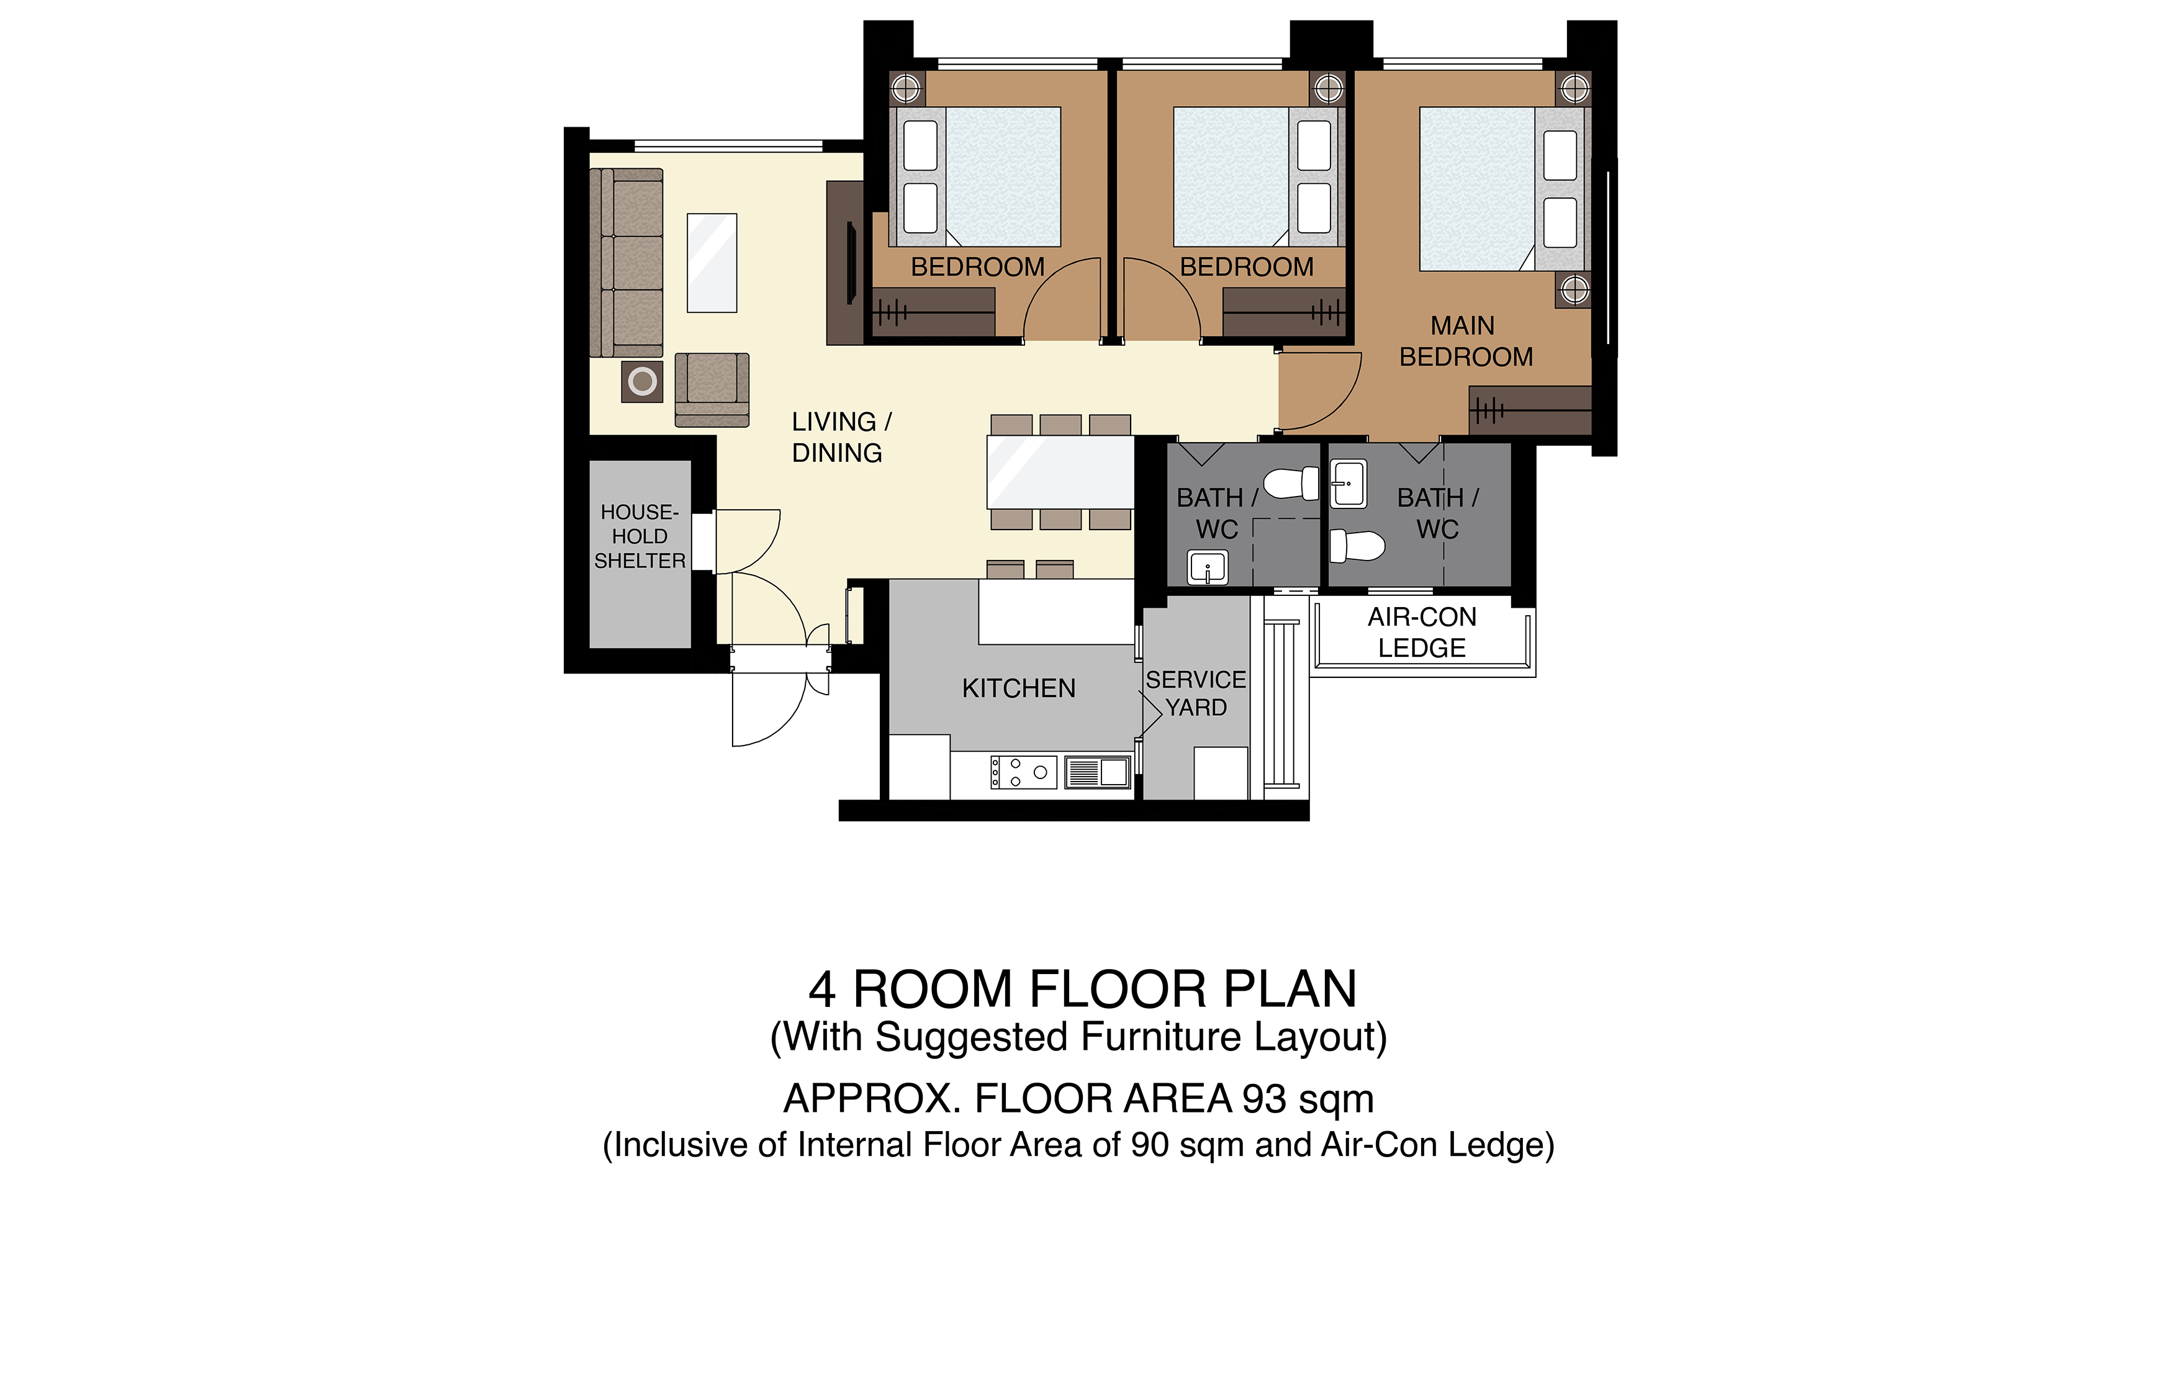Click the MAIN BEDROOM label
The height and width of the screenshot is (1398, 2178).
coord(1465,341)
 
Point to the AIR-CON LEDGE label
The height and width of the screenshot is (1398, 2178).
coord(1422,633)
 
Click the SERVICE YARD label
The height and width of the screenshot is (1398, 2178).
coord(1196,693)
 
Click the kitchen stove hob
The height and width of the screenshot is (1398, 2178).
coord(1023,772)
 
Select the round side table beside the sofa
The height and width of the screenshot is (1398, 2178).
coord(642,381)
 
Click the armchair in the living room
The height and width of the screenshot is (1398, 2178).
coord(712,389)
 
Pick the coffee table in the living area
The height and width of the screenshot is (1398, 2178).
coord(712,263)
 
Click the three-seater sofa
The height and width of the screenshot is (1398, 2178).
coord(626,263)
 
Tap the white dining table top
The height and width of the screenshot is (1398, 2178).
coord(1060,472)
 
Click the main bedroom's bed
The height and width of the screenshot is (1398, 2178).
coord(1504,189)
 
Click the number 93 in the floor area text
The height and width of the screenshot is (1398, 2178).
coord(1263,1099)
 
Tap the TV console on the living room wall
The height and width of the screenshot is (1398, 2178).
coord(844,263)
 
